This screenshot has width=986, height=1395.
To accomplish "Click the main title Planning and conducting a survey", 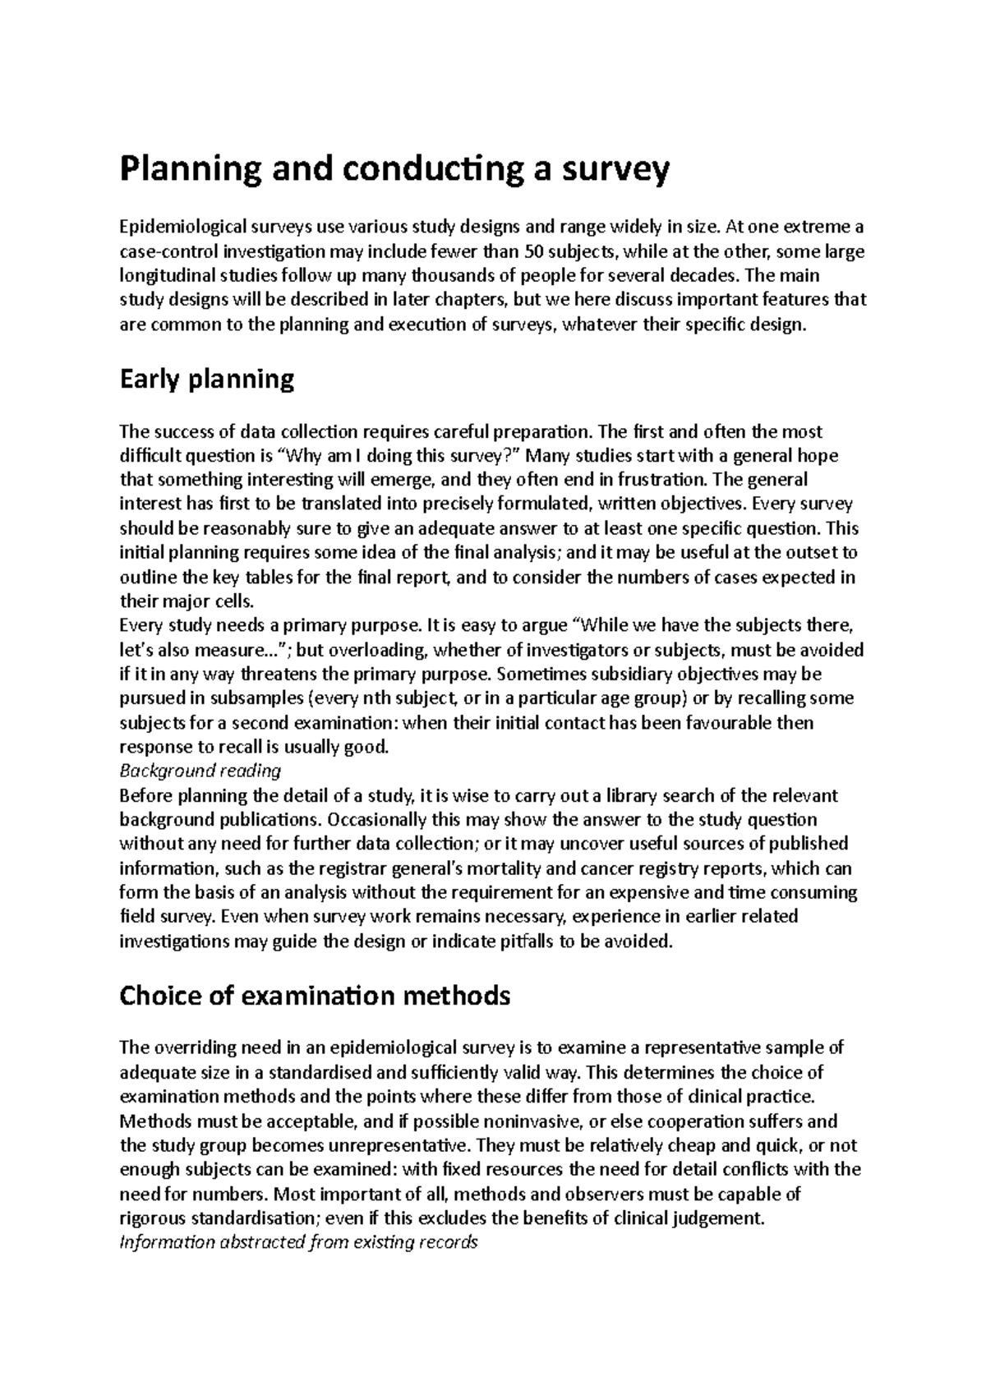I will click(394, 170).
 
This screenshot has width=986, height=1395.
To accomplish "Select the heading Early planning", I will click(206, 380).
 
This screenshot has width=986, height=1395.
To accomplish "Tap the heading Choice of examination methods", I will click(315, 996).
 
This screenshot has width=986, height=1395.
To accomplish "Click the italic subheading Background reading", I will click(200, 771).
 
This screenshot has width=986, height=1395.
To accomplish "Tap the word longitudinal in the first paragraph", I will click(167, 275).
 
